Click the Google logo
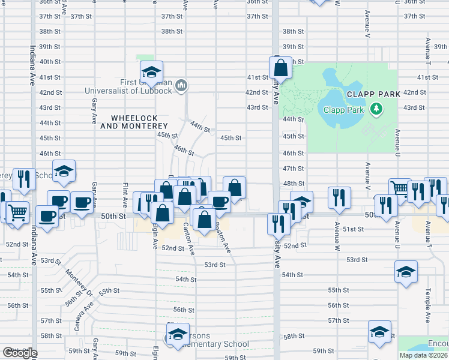coord(19,353)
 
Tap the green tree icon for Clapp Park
coord(376,109)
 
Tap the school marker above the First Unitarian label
coord(152,73)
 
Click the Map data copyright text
coord(423,355)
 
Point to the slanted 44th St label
coord(200,127)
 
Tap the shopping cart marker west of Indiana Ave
coord(18,211)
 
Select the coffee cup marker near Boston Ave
coord(220,201)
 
